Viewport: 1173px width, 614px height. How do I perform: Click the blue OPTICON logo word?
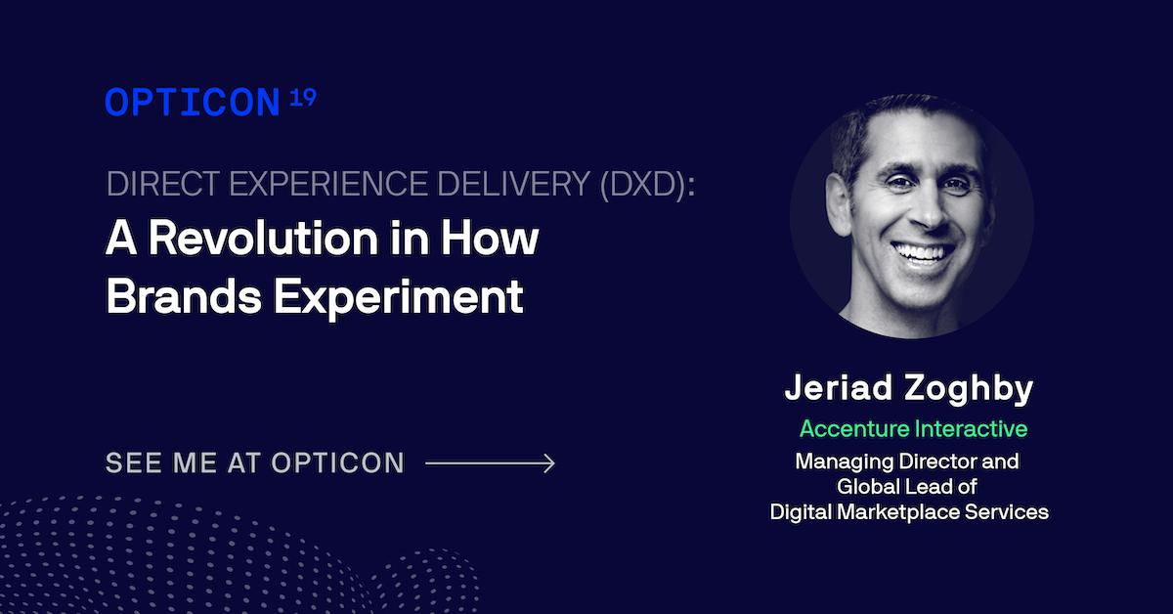click(x=193, y=103)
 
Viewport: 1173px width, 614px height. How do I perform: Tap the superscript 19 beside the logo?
click(x=303, y=98)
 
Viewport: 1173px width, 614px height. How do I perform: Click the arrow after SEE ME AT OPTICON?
click(x=491, y=462)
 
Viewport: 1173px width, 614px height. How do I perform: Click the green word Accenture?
click(x=854, y=428)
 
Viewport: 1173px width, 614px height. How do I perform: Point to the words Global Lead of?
click(x=908, y=486)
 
